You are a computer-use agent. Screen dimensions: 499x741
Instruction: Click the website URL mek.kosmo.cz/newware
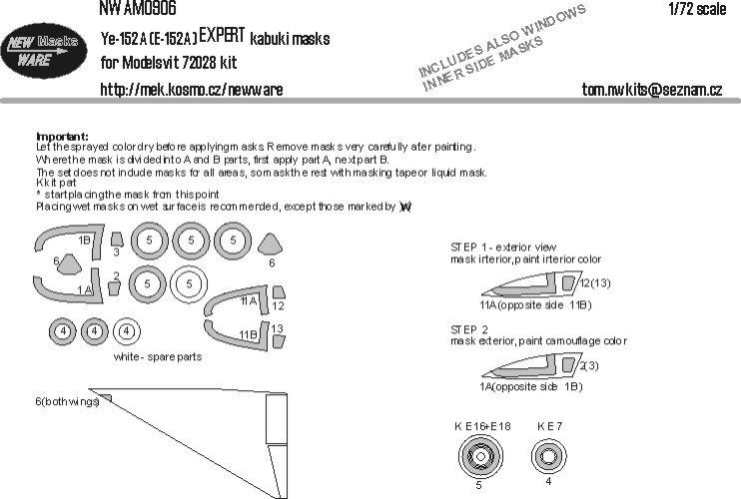pos(191,90)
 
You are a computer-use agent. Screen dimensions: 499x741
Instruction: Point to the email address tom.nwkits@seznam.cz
pos(651,90)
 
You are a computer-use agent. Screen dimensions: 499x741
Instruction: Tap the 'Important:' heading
pos(62,136)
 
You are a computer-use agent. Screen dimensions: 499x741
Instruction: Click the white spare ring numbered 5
pos(187,285)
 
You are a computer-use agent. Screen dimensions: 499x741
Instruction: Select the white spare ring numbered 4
pos(125,331)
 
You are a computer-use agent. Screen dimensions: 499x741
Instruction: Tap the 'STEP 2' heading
pos(468,328)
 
